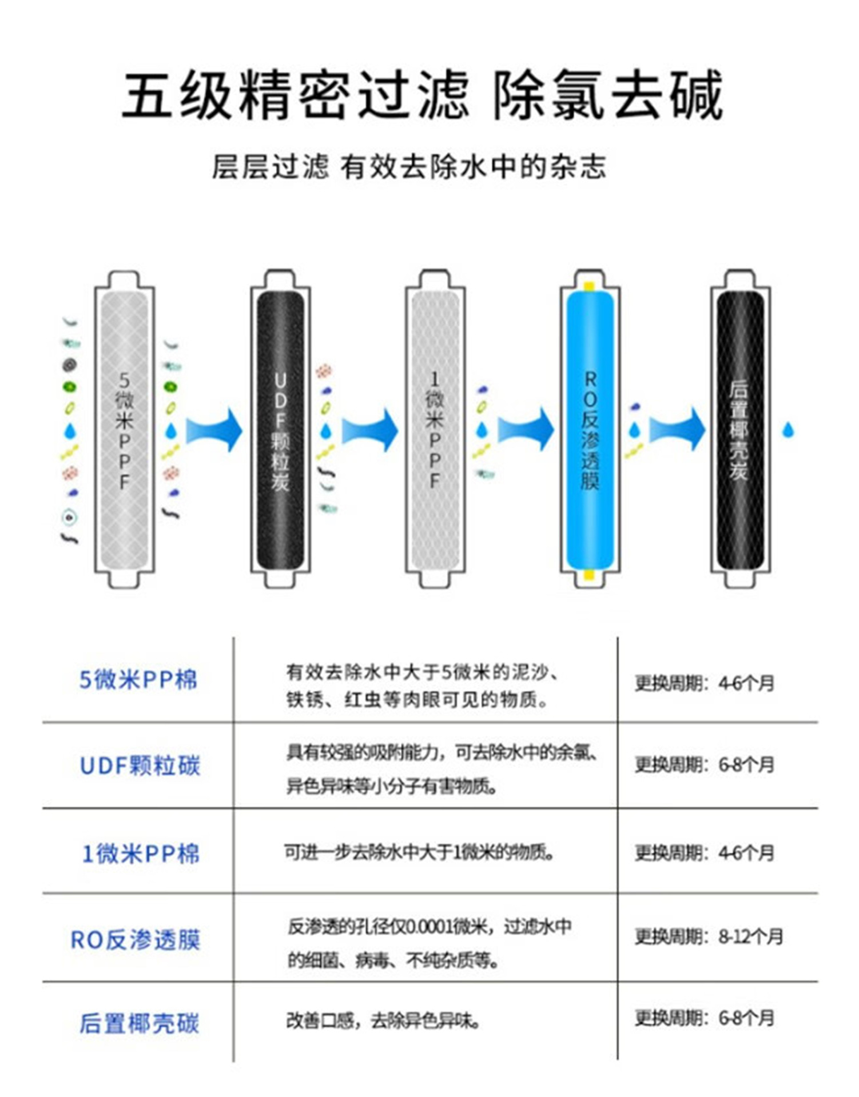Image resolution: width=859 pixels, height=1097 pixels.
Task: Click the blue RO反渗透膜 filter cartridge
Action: click(x=590, y=430)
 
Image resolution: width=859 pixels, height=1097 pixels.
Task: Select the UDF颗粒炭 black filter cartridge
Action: click(x=280, y=430)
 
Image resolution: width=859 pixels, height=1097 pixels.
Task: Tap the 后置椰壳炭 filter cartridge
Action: click(x=739, y=430)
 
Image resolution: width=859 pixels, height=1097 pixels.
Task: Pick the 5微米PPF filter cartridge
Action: click(x=124, y=430)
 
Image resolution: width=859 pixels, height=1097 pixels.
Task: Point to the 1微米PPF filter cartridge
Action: click(x=435, y=430)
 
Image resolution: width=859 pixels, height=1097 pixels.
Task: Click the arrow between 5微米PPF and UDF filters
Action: click(x=214, y=430)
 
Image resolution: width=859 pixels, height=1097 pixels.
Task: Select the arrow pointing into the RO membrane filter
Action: click(x=526, y=430)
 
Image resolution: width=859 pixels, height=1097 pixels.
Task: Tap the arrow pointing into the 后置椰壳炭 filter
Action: click(x=678, y=430)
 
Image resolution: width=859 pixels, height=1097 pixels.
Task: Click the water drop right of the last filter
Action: click(x=788, y=430)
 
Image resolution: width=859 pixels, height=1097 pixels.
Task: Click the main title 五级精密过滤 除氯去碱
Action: click(x=423, y=94)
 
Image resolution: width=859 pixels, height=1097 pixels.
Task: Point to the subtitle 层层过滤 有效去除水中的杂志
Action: click(x=408, y=167)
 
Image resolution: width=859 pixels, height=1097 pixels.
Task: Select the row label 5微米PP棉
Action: click(x=138, y=680)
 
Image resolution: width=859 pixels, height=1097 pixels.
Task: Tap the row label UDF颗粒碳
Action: click(x=140, y=766)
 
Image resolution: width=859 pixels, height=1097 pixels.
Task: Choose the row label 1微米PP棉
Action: click(x=141, y=854)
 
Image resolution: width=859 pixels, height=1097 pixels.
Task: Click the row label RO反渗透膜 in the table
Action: click(x=136, y=940)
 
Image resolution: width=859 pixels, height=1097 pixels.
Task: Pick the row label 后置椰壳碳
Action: click(x=140, y=1023)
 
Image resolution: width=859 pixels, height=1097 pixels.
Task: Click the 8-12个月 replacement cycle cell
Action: click(x=708, y=937)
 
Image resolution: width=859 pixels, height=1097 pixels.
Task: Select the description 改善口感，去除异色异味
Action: click(x=383, y=1020)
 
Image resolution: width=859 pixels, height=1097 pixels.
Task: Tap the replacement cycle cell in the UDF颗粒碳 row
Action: click(x=705, y=764)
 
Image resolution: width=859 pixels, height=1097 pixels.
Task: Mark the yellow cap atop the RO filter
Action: click(x=589, y=286)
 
